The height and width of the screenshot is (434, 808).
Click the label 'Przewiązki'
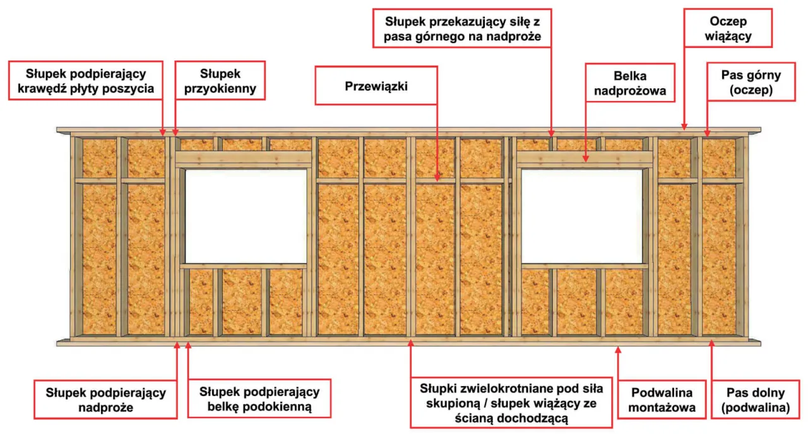click(x=376, y=87)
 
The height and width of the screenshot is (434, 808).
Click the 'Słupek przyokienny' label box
click(x=219, y=80)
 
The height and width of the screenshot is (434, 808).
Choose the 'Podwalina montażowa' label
click(x=662, y=399)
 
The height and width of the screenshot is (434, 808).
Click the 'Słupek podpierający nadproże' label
click(x=106, y=399)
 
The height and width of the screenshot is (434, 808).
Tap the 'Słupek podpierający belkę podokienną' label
click(x=259, y=399)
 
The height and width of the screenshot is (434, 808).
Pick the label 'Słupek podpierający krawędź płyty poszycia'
click(x=86, y=80)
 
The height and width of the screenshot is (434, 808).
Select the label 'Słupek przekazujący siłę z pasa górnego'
click(x=462, y=28)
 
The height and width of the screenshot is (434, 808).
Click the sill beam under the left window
click(x=244, y=266)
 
